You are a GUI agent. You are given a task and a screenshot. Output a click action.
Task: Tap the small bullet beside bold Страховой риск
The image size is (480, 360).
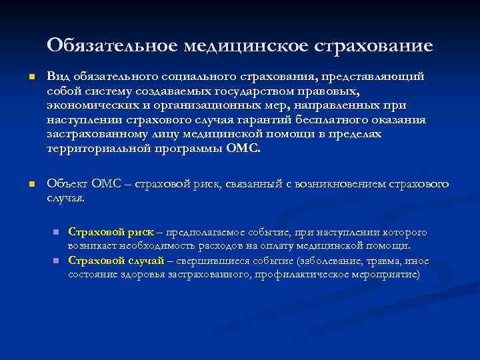(x=57, y=232)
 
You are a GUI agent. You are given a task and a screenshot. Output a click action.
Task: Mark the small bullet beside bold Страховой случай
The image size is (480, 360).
(x=57, y=261)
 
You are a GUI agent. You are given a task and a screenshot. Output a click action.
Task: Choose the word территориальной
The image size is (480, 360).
(x=97, y=148)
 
